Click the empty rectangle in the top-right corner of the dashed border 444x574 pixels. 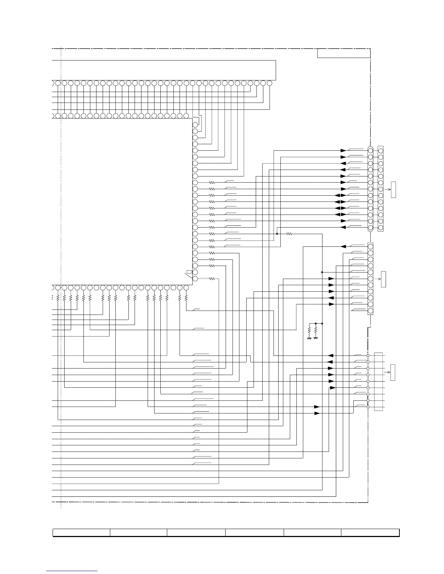(344, 53)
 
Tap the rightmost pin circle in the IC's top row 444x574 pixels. (269, 83)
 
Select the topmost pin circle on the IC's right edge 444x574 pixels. (195, 125)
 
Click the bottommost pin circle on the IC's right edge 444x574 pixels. (195, 279)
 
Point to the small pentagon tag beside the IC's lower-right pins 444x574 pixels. (189, 272)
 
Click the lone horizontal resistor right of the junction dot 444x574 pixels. (289, 234)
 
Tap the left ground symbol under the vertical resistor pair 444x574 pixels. (309, 338)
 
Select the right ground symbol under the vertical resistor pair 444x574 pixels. (316, 338)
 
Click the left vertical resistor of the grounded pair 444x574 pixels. (309, 330)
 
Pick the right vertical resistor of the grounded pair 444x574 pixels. (316, 330)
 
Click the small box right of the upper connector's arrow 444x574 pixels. (394, 190)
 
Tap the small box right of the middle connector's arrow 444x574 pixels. (383, 279)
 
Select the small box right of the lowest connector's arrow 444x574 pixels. (392, 373)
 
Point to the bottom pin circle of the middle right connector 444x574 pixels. (370, 311)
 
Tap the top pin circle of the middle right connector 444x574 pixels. (370, 246)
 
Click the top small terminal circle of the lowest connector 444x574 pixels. (368, 355)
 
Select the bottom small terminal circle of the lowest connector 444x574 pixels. (368, 407)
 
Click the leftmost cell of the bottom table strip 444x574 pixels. (82, 532)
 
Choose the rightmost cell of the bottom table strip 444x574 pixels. (370, 532)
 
